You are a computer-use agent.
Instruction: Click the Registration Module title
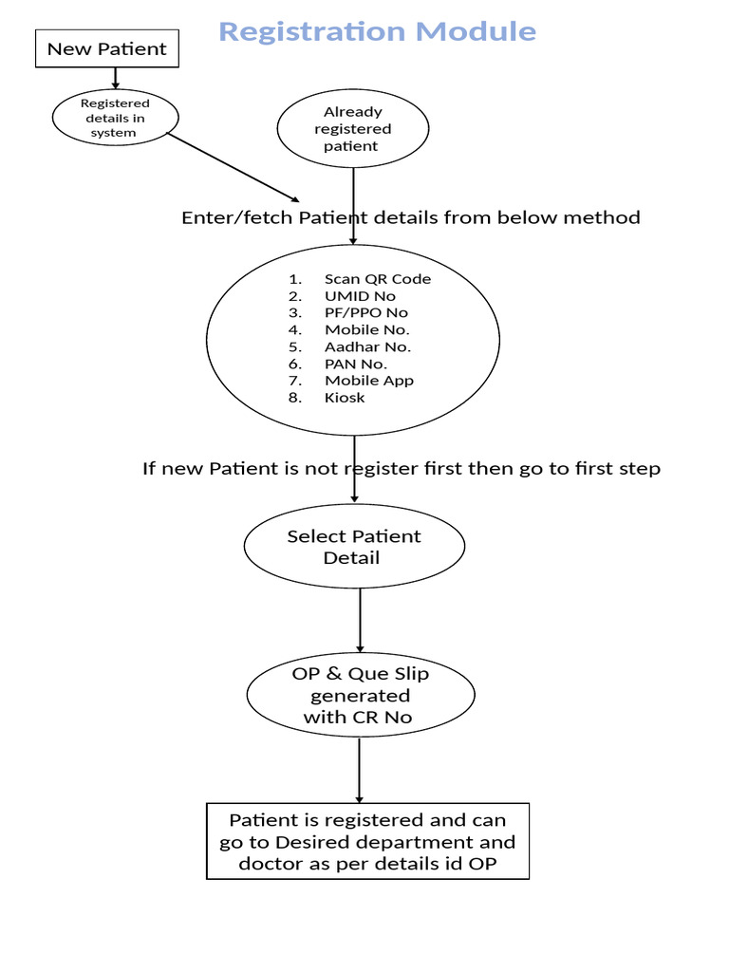pos(377,31)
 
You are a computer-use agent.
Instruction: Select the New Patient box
pos(106,48)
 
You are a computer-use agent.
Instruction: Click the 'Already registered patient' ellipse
pos(352,128)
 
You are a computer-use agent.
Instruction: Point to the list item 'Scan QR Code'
pos(377,279)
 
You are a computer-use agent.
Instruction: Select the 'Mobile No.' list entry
pos(366,329)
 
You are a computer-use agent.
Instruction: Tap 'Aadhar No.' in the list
pos(367,346)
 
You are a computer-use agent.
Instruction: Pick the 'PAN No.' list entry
pos(356,364)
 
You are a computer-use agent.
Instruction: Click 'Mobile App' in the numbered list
pos(369,381)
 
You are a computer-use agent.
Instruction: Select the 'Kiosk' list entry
pos(345,398)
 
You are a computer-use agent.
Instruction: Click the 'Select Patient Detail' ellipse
pos(354,547)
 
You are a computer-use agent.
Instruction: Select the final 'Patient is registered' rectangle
pos(367,842)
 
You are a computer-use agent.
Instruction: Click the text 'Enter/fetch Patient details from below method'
pos(411,217)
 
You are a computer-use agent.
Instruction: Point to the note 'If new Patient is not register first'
pos(402,469)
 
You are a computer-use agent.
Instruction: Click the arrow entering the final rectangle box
pos(359,771)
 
